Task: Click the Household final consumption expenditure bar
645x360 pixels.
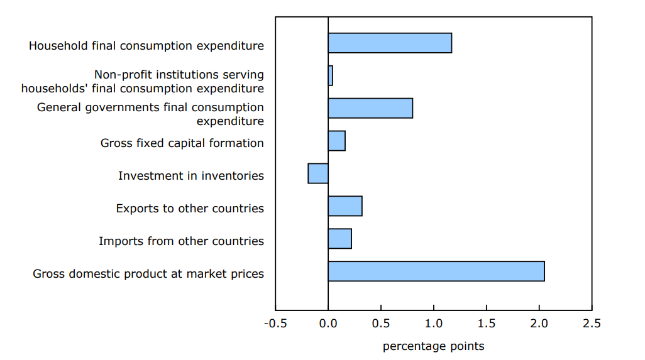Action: [390, 43]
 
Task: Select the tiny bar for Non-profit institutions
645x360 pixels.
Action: [330, 75]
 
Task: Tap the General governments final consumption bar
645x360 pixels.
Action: [370, 108]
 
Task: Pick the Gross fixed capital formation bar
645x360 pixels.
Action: [336, 141]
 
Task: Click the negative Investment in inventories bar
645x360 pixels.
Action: [318, 173]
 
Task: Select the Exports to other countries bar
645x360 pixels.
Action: [345, 206]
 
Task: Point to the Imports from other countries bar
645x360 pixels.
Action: [339, 239]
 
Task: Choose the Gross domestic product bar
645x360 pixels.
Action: [436, 271]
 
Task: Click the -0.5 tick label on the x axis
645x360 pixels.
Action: [274, 324]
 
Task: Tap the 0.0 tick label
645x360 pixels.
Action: [328, 324]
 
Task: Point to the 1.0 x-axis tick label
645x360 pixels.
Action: [434, 324]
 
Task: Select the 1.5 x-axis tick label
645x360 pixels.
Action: [487, 324]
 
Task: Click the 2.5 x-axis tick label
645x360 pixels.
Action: [592, 324]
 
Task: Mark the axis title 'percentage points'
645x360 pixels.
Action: [433, 346]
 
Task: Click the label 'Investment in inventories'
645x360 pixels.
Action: [191, 176]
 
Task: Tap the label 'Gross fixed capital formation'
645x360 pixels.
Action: [182, 143]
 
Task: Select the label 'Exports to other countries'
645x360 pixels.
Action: [190, 209]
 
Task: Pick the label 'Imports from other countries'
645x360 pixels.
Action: [181, 241]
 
